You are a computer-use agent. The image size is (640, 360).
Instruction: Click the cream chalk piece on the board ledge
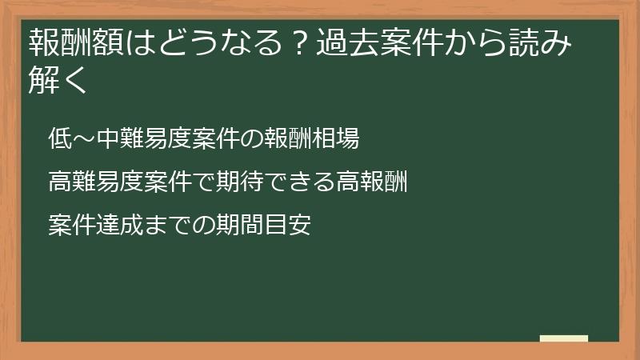563,338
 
